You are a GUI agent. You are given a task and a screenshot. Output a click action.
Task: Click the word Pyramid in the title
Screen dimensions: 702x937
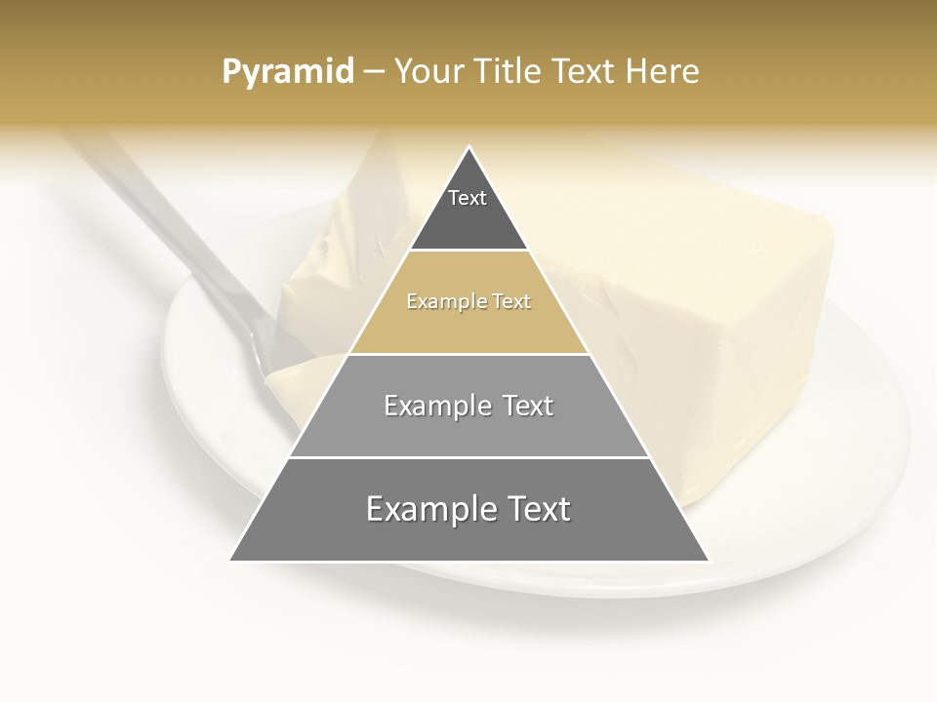pyautogui.click(x=288, y=72)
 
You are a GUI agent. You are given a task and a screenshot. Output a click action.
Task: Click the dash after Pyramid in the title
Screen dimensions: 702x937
pyautogui.click(x=374, y=72)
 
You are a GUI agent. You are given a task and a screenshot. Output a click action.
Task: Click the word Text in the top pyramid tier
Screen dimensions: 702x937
pyautogui.click(x=468, y=199)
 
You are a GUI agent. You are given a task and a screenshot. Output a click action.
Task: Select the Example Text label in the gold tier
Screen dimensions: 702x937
pyautogui.click(x=468, y=302)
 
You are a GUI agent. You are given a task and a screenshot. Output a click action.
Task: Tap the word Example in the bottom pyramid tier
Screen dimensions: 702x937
pyautogui.click(x=426, y=510)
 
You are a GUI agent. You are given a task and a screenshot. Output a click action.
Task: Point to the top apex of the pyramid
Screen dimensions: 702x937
pyautogui.click(x=469, y=147)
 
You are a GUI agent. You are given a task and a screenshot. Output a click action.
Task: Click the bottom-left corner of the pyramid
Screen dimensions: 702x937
pyautogui.click(x=231, y=561)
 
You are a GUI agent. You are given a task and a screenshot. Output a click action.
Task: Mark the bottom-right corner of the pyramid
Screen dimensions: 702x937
pyautogui.click(x=709, y=561)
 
